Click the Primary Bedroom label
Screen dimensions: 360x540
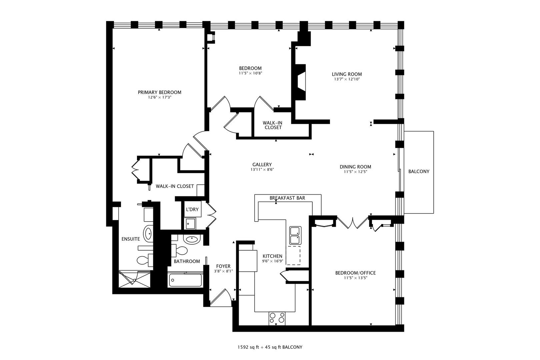click(160, 92)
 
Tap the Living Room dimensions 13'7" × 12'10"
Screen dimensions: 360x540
click(347, 80)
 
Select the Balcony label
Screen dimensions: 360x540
click(419, 172)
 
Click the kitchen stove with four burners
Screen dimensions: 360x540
click(277, 318)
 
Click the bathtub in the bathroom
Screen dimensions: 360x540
click(185, 280)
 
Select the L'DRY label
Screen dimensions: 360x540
click(192, 209)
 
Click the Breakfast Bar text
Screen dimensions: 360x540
click(287, 198)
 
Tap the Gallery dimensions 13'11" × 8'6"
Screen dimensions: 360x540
click(262, 170)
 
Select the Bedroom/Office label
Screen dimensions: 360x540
click(355, 273)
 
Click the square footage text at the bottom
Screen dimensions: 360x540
click(270, 347)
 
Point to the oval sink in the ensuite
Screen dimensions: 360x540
click(148, 233)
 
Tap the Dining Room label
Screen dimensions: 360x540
click(355, 167)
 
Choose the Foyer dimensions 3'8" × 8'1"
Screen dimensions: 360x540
click(223, 271)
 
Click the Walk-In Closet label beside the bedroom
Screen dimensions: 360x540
click(273, 125)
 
